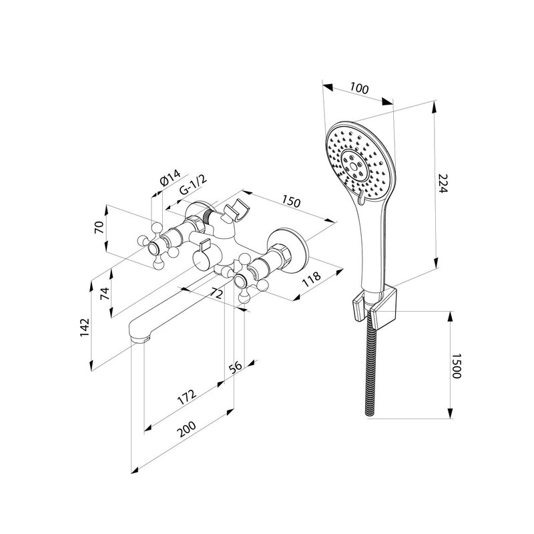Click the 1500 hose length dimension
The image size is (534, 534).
click(456, 366)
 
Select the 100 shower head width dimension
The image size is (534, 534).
click(359, 89)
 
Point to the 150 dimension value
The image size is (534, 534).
click(291, 202)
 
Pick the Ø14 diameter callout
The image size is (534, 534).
click(170, 177)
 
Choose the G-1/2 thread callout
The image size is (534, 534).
click(193, 185)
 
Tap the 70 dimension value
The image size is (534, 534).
click(99, 227)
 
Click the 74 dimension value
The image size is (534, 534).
click(106, 293)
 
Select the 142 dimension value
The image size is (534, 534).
click(85, 328)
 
